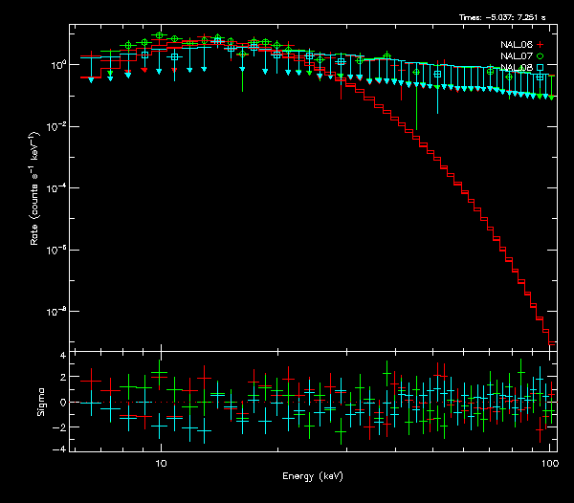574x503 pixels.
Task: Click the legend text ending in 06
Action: click(518, 45)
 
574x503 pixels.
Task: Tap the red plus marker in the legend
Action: click(541, 45)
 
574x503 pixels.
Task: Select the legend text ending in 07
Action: click(518, 56)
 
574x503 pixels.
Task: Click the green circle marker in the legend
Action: click(541, 56)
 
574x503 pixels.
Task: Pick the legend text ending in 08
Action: click(518, 68)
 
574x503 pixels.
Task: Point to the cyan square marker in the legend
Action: click(541, 68)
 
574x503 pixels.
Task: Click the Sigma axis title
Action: click(40, 403)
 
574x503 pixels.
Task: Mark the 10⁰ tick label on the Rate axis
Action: click(58, 65)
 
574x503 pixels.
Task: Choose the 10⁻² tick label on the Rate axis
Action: click(58, 126)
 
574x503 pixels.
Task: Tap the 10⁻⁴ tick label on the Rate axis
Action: click(58, 188)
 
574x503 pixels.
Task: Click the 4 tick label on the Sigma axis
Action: click(62, 356)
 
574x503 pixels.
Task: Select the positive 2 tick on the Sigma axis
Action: click(62, 379)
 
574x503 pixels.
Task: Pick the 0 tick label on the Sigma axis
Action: click(62, 403)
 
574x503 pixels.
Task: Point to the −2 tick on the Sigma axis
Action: click(60, 426)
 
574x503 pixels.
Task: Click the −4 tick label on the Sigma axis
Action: click(60, 448)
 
